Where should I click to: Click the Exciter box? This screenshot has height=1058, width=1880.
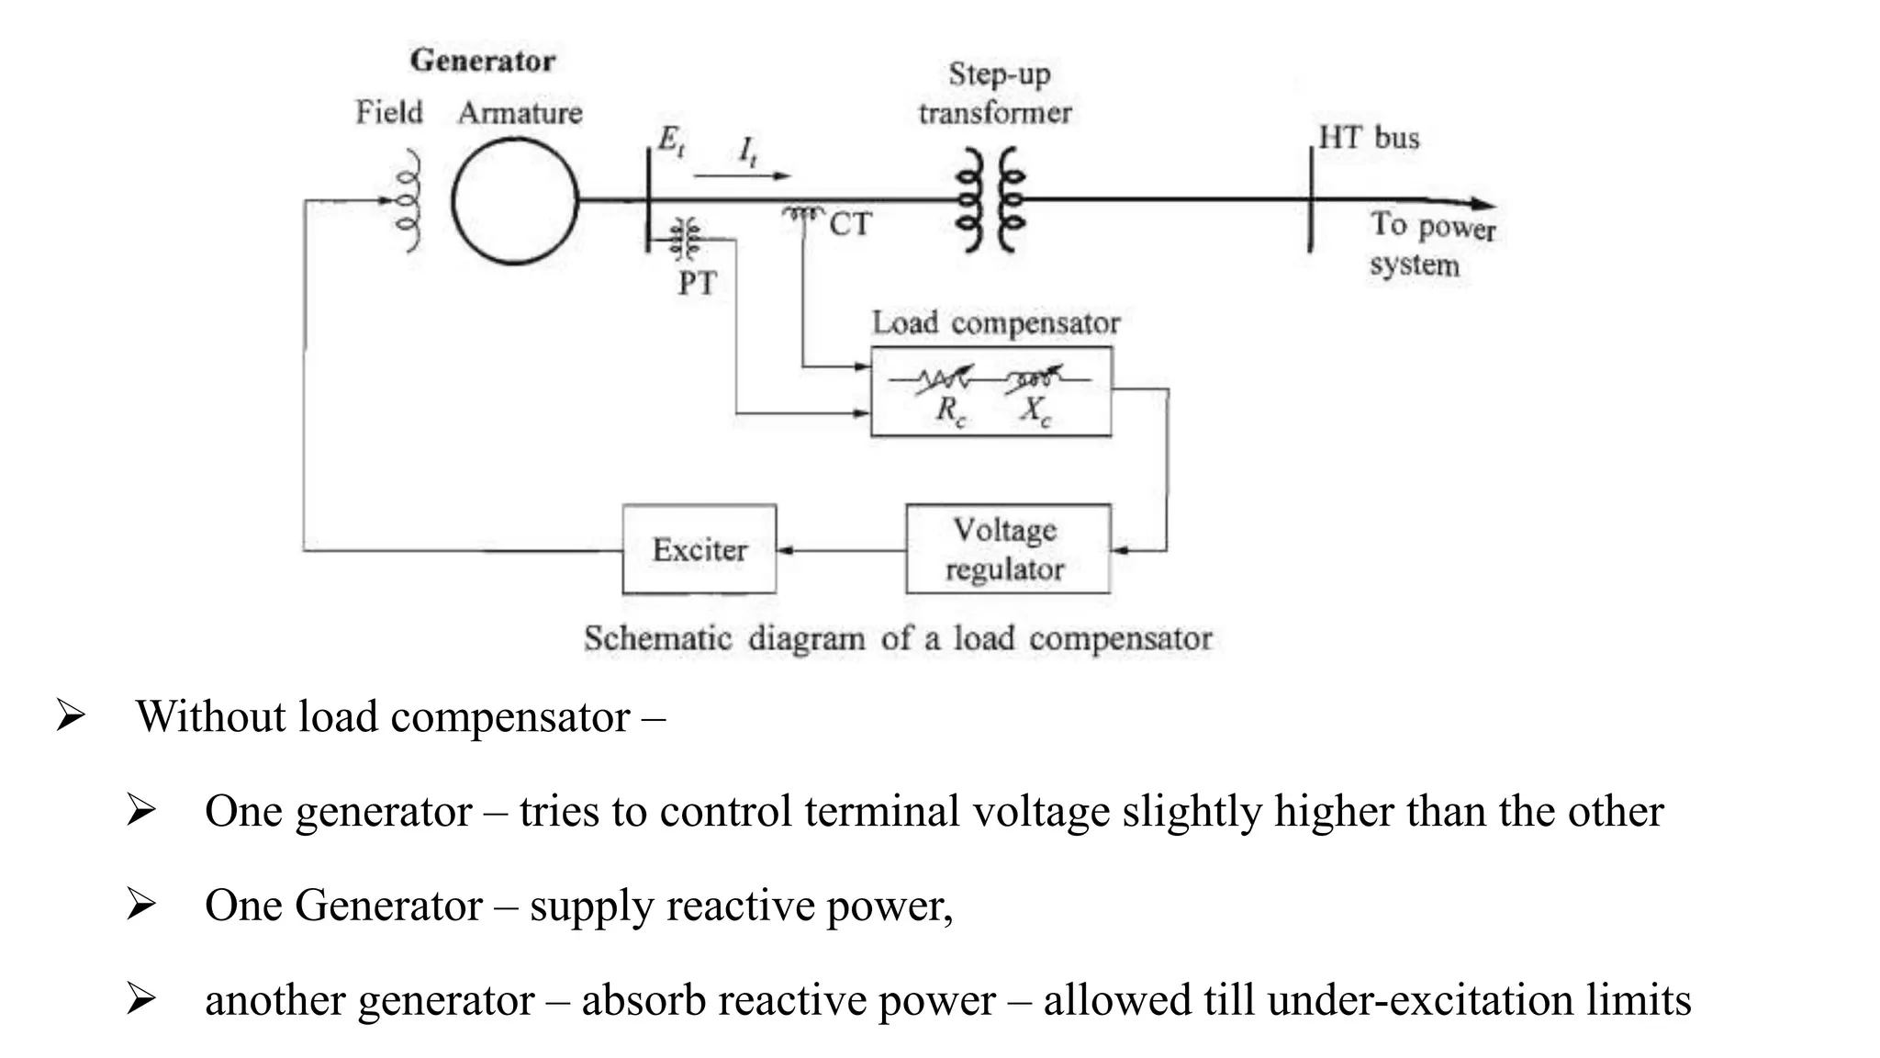[x=699, y=549]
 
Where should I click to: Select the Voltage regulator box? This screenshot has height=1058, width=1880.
[x=1007, y=549]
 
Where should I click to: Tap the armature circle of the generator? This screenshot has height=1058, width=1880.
[x=515, y=201]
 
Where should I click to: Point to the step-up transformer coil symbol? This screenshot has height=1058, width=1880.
[x=990, y=199]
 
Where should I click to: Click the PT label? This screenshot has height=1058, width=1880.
[x=697, y=283]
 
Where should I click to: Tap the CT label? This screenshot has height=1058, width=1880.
[x=849, y=224]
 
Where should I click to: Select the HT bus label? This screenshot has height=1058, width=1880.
[x=1369, y=138]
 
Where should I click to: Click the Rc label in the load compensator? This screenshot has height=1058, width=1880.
[x=951, y=410]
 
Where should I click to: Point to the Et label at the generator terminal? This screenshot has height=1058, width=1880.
[x=670, y=141]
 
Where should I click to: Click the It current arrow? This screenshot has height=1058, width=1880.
[x=742, y=174]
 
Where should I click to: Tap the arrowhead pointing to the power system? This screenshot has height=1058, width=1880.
[x=1482, y=205]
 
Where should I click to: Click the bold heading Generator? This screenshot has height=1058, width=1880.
[x=483, y=61]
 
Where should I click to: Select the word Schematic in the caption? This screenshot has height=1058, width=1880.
[x=657, y=638]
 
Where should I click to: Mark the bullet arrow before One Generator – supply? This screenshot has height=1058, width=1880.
[x=140, y=906]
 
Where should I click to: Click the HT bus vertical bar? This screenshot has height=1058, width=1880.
[x=1310, y=199]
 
